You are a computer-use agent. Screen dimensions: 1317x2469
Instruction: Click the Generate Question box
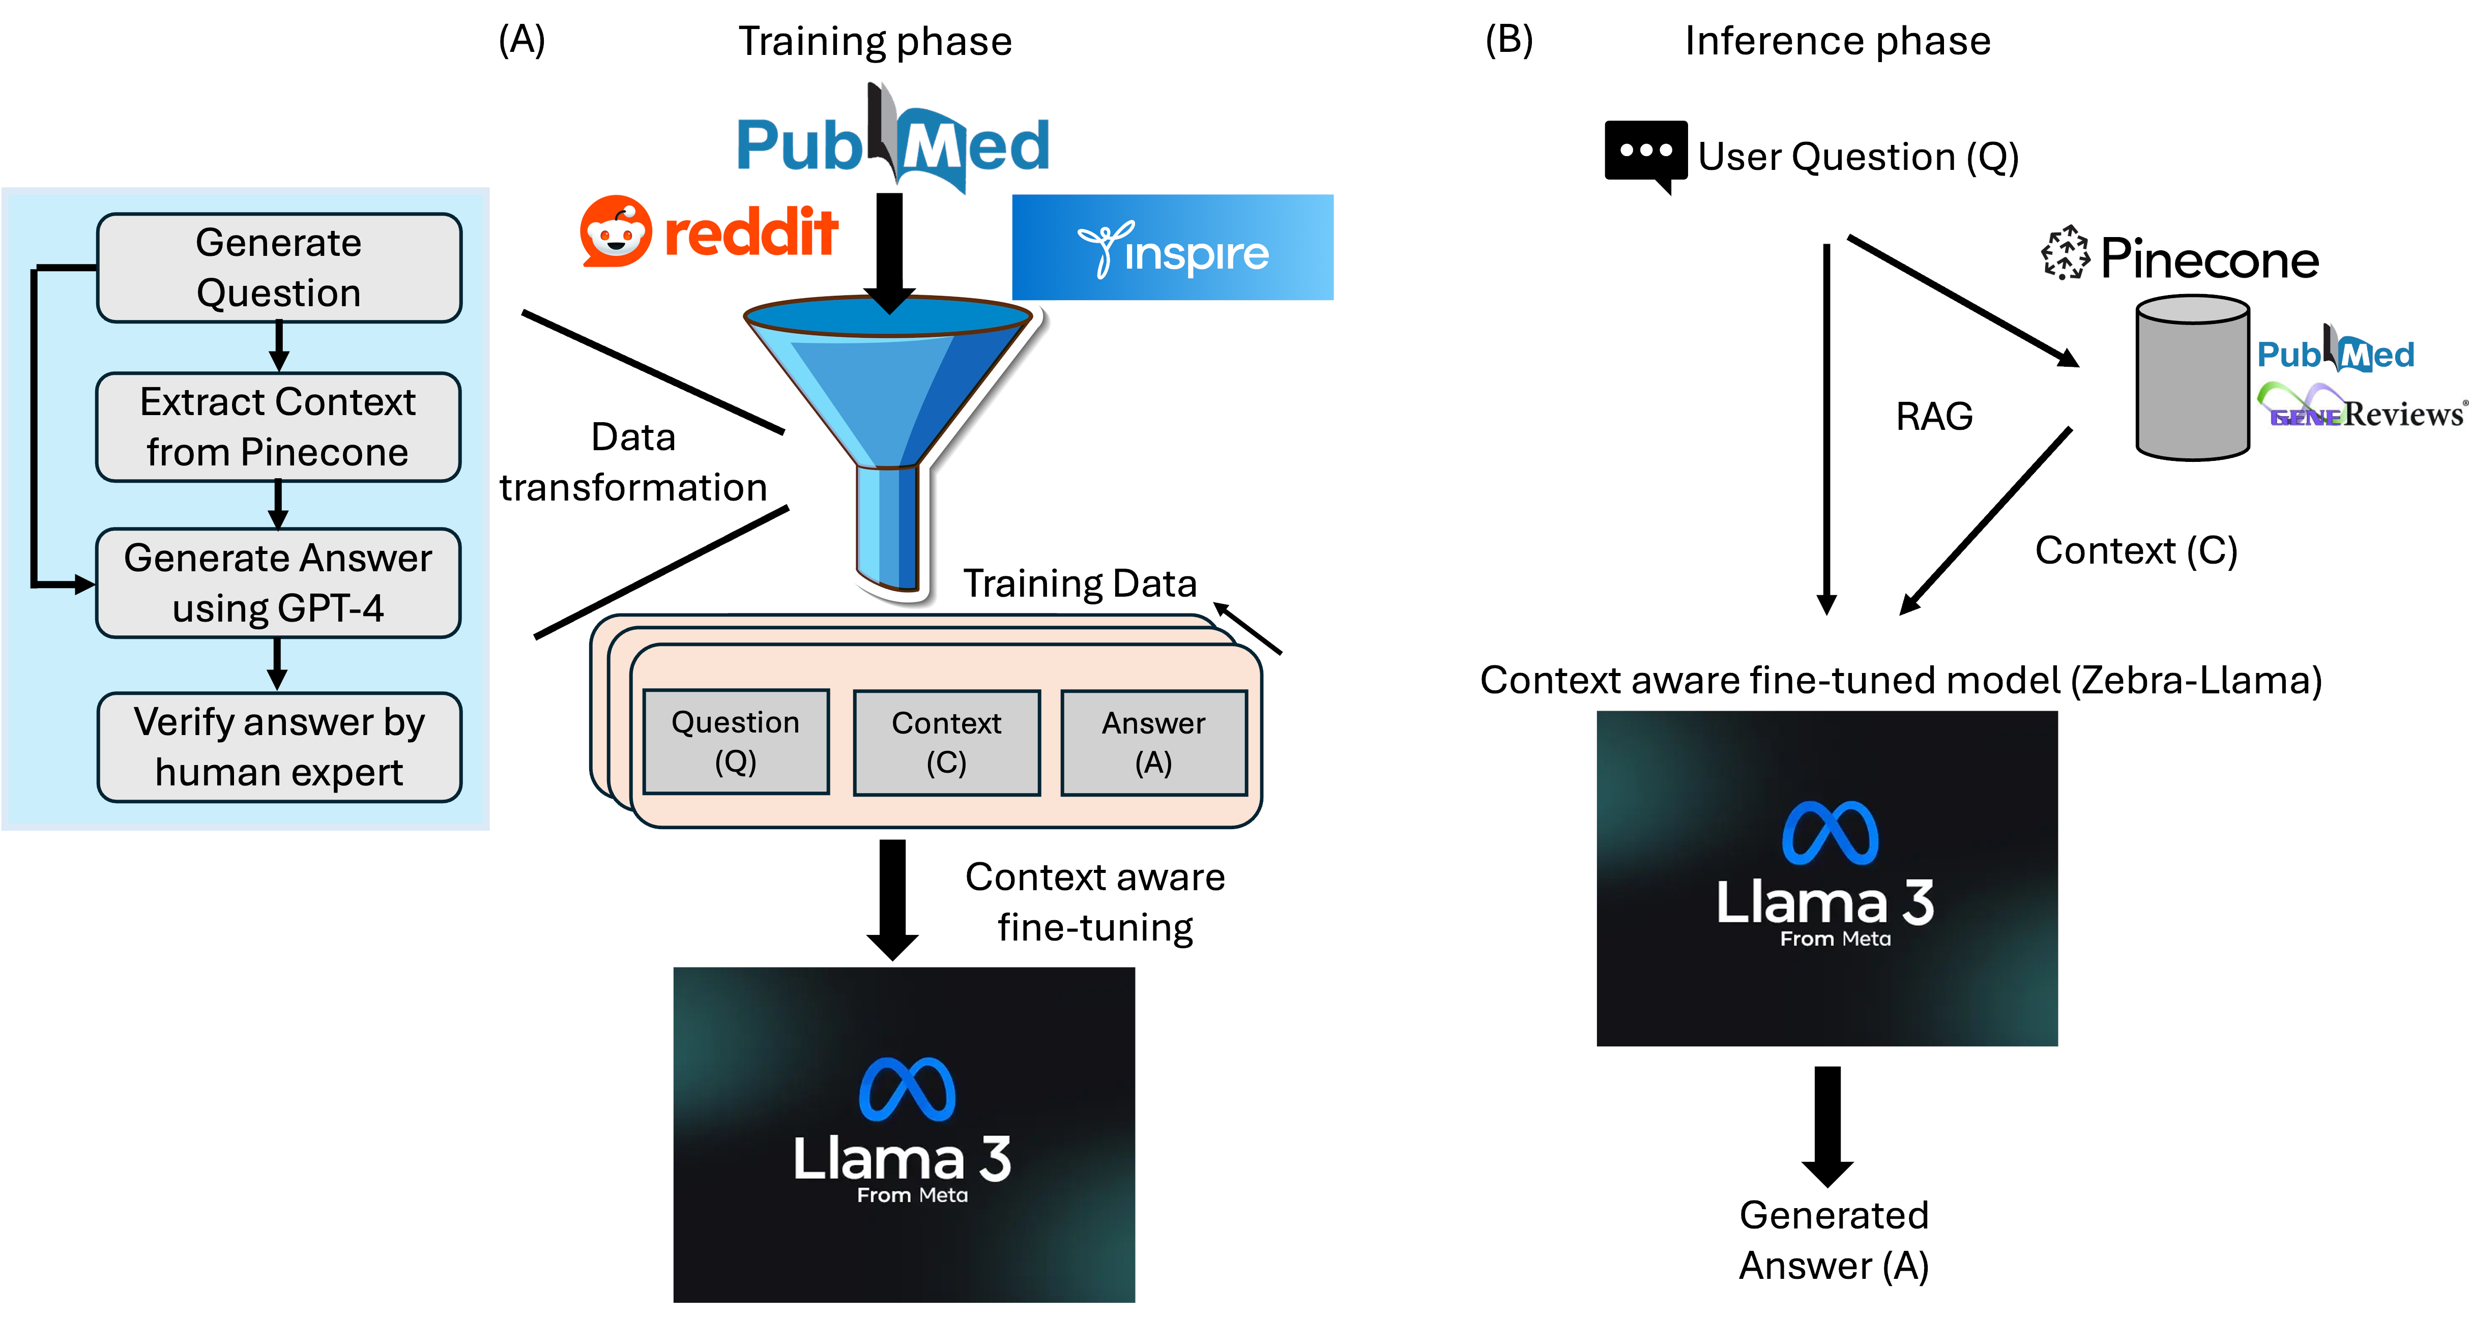[x=279, y=268]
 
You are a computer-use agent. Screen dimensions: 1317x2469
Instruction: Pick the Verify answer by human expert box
[x=279, y=747]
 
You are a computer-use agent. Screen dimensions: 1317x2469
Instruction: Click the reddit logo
[x=709, y=232]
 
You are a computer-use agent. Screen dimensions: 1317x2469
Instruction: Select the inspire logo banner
[x=1172, y=247]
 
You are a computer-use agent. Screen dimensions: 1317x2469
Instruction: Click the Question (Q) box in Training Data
[x=735, y=742]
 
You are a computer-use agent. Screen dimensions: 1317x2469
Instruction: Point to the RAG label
[x=1934, y=416]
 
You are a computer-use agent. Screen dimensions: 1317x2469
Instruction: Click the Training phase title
[x=874, y=41]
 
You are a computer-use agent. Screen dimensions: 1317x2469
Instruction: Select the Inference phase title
[x=1837, y=41]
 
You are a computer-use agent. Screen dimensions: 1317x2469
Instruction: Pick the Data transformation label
[x=632, y=462]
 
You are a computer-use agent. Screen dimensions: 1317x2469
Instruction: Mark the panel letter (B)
[x=1508, y=40]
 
